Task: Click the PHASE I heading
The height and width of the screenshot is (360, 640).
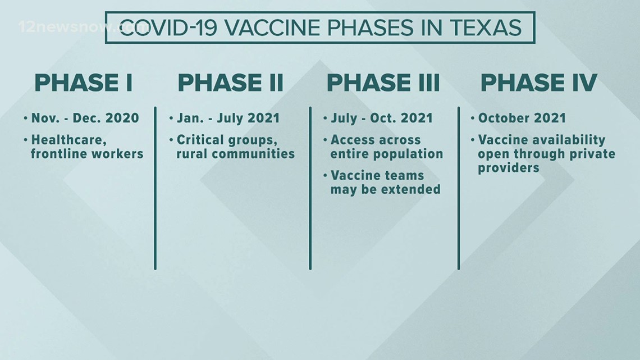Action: (84, 83)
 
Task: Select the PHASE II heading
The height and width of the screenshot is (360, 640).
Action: (231, 83)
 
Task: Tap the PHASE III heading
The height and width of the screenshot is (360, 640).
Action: (383, 83)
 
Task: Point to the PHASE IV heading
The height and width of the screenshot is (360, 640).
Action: (539, 83)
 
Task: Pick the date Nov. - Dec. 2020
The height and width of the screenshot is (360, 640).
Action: (85, 118)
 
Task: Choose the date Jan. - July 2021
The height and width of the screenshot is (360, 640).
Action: (228, 118)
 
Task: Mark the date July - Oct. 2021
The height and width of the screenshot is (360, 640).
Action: (382, 118)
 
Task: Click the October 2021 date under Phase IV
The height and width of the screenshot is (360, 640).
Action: (522, 118)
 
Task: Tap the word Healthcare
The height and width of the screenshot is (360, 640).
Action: (69, 140)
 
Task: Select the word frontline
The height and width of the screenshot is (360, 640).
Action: (58, 154)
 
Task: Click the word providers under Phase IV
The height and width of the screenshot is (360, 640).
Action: (509, 168)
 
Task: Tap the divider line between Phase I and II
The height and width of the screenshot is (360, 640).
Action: (155, 188)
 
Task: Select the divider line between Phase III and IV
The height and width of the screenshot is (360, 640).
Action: (459, 188)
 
